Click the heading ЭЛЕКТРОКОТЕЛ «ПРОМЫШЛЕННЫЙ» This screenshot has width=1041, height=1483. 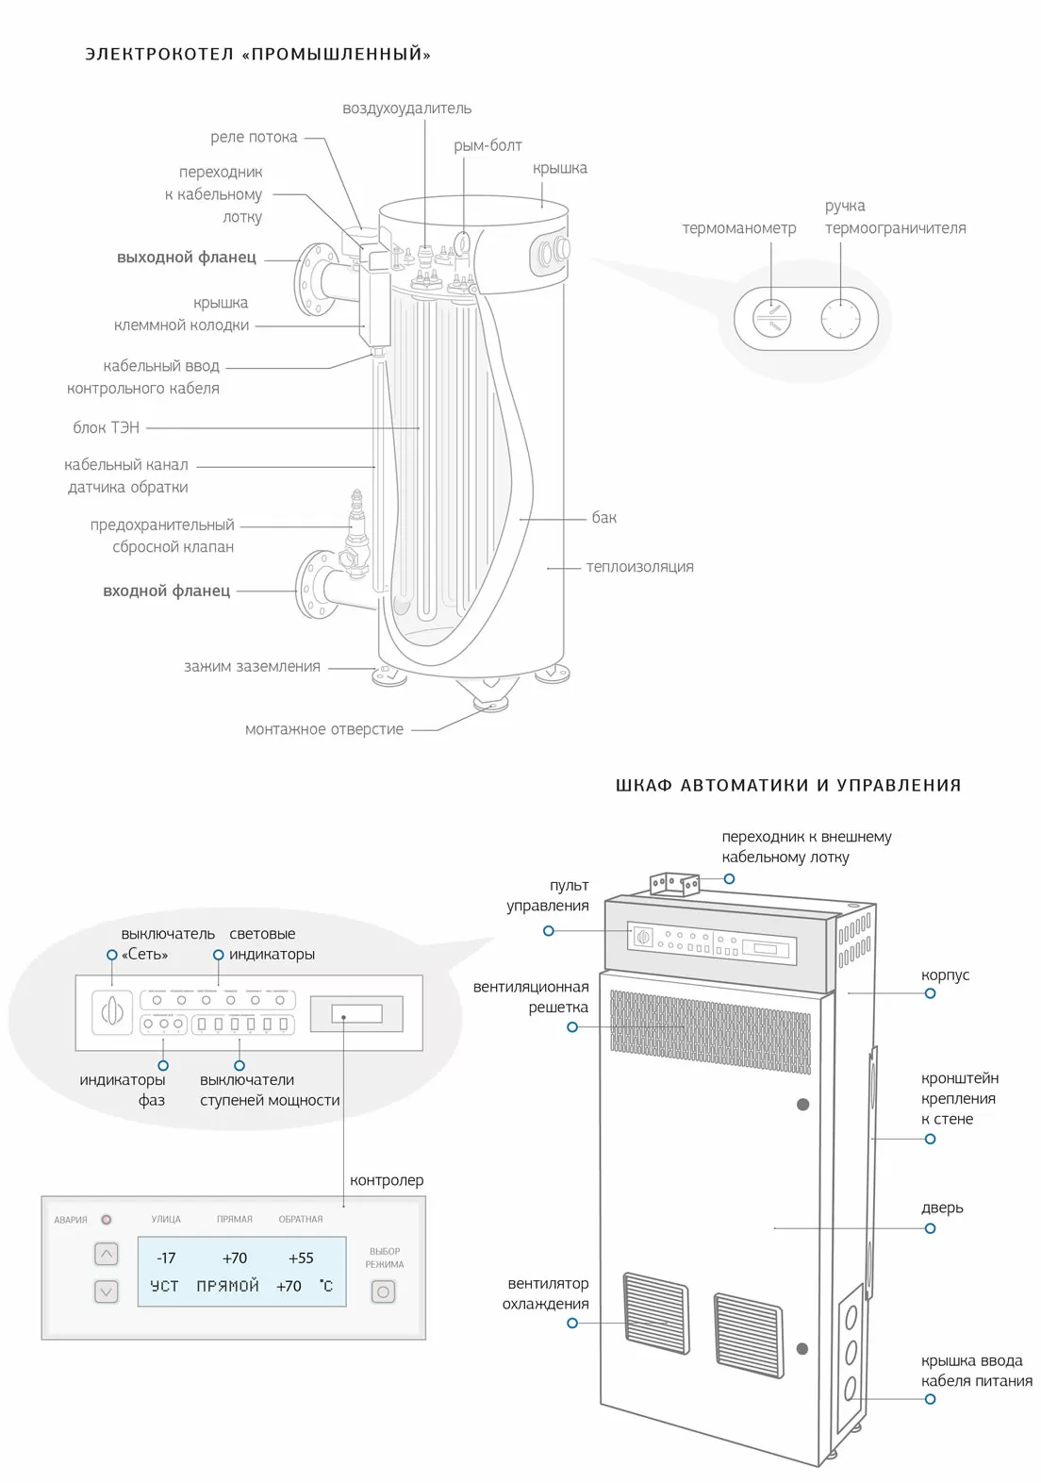click(257, 55)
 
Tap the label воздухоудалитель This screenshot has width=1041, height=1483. click(406, 108)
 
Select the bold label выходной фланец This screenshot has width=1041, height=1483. click(187, 257)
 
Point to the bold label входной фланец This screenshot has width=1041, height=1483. click(167, 591)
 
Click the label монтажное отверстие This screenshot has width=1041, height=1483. click(323, 729)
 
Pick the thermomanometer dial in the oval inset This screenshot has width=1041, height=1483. click(772, 318)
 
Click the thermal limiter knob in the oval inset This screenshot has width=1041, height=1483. click(839, 318)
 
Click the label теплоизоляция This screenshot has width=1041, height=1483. click(639, 567)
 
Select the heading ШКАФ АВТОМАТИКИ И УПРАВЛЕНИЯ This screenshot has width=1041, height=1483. click(788, 785)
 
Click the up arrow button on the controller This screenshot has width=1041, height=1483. click(107, 1255)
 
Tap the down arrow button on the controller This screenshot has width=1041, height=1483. click(107, 1291)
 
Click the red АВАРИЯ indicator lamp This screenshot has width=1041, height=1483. click(107, 1220)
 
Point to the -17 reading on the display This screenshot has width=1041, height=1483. click(166, 1258)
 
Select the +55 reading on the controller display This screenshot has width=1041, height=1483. click(301, 1258)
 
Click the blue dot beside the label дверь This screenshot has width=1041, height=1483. click(930, 1228)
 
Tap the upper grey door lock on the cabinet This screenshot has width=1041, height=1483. click(803, 1104)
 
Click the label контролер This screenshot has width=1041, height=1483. click(387, 1180)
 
